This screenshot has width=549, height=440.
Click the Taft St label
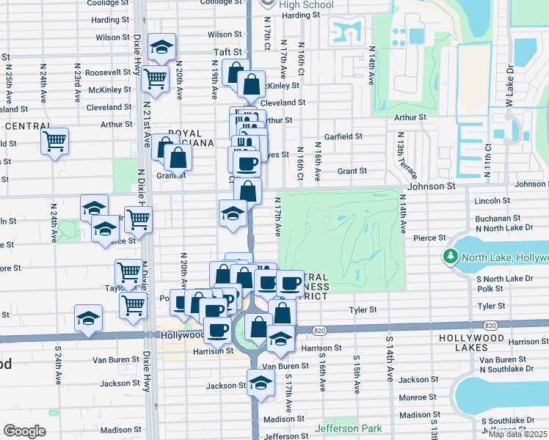tap(227, 53)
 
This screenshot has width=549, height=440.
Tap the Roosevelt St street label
tap(108, 73)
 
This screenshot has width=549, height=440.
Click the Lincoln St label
tap(492, 200)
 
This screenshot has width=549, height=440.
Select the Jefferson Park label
tap(349, 428)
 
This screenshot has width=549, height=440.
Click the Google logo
tap(24, 431)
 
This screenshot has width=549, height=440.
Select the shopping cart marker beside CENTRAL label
tap(56, 141)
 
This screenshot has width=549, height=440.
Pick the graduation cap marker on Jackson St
tap(261, 384)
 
